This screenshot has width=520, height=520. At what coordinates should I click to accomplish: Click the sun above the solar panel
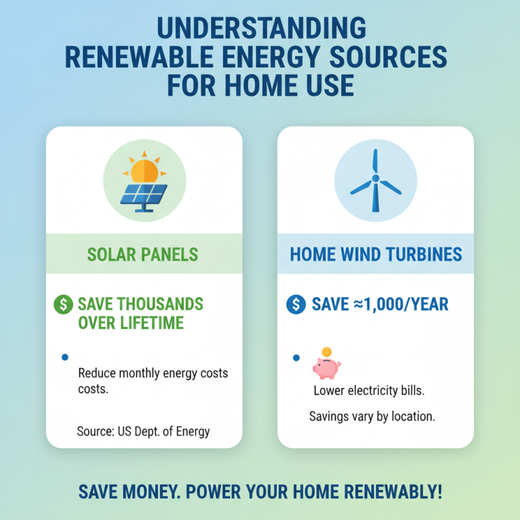pos(144,169)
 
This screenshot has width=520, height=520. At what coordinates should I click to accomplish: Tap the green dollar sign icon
pos(64,304)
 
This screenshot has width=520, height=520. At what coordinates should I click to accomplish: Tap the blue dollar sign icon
pos(296,304)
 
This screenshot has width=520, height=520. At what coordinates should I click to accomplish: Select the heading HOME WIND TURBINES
pos(376,253)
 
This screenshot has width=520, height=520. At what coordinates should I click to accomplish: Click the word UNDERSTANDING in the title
pos(261,31)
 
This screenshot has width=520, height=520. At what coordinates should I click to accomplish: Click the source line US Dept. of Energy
pos(144,431)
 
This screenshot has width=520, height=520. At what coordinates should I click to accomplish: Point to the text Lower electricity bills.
pos(369,391)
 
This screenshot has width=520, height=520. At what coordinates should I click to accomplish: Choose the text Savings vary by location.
pos(372,416)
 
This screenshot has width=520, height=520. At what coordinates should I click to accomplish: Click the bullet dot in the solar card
pos(63,357)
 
